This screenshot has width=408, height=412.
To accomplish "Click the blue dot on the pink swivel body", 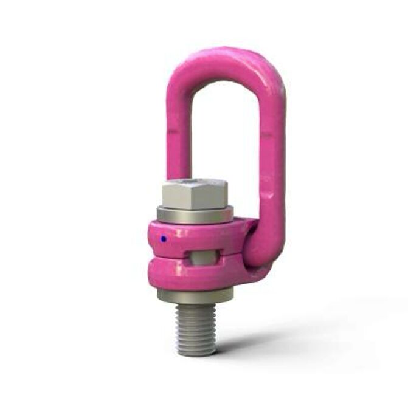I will pos(164,239).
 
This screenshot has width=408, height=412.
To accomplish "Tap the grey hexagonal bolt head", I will pos(194,196).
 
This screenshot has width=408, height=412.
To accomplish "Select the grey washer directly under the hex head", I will pos(195,215).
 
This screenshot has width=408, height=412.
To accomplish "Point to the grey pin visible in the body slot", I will pos(203,256).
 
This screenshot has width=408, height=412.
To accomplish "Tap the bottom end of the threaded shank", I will pos(196,351).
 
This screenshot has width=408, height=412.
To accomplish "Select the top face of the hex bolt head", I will pos(195,184).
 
